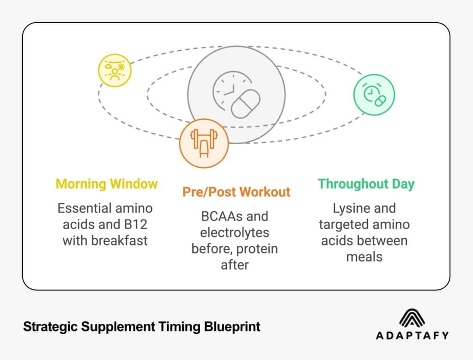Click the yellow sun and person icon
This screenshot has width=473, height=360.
click(115, 71)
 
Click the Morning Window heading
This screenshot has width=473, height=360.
click(107, 183)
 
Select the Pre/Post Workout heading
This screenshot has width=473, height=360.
click(236, 191)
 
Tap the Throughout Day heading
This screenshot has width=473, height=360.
click(366, 183)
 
